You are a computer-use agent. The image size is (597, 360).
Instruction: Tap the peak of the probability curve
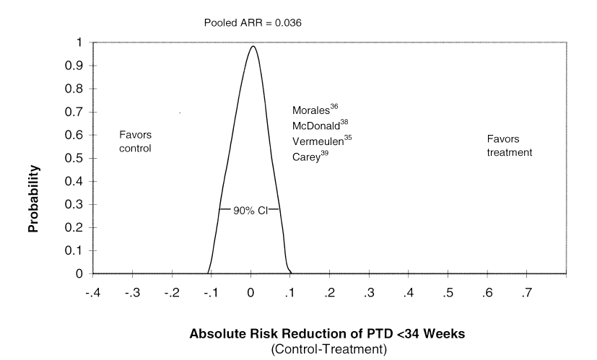pos(252,46)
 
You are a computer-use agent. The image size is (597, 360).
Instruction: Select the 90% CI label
pos(249,210)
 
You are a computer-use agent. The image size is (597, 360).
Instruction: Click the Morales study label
pos(315,110)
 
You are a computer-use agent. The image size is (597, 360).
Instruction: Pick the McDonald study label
pos(320,125)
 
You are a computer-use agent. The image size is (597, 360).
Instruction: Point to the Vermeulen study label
pos(322,140)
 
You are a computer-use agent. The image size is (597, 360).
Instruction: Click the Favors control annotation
pos(135,141)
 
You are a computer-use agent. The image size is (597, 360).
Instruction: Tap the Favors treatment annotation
pos(509,146)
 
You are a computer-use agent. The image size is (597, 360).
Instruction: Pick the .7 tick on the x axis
pos(528,293)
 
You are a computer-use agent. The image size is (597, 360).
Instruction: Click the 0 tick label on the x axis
pos(250,293)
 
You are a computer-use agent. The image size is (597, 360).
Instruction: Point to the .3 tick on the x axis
pos(370,293)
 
